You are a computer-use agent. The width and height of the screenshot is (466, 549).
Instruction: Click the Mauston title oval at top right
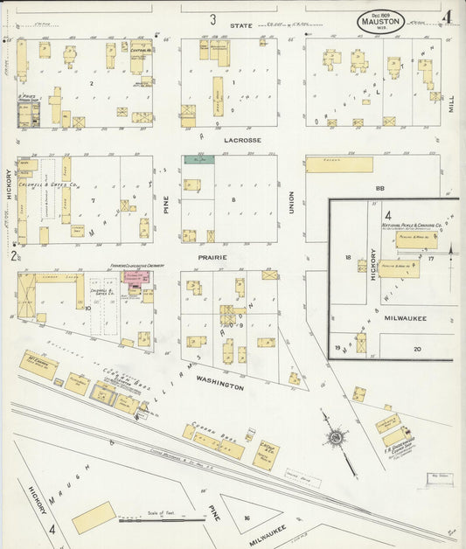point(380,21)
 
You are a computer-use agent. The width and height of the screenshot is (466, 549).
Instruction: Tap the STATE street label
point(241,26)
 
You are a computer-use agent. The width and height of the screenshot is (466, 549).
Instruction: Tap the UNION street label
point(291,203)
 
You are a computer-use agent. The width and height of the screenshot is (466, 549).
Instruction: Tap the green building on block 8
point(198,160)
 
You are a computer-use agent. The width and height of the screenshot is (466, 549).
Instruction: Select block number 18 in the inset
point(348,258)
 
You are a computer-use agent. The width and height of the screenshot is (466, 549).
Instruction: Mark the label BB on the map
point(380,187)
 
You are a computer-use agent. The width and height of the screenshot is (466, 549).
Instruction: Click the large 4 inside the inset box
point(386,214)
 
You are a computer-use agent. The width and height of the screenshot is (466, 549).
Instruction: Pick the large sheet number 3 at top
point(212,19)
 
